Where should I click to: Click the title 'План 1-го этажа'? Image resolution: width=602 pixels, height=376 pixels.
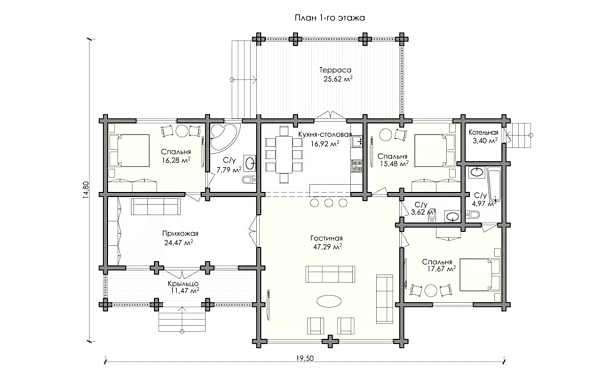coord(330,18)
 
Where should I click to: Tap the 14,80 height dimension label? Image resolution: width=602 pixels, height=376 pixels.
coord(86,190)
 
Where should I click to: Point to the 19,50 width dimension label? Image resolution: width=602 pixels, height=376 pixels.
coord(305,358)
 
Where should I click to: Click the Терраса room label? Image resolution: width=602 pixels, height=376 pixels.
coord(335,70)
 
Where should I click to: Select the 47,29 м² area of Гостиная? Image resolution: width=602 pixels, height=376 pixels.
coord(328,247)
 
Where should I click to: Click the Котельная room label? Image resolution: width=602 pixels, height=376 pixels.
coord(483,133)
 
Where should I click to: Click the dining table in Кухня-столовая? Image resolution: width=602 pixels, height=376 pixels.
coord(284,155)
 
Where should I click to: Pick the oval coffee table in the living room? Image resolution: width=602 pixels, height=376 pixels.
coord(329,301)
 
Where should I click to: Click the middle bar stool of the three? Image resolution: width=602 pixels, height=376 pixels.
coord(329,203)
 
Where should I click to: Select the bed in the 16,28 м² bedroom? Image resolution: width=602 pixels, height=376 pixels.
coord(129,151)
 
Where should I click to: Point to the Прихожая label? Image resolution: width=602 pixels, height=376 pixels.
coord(180,234)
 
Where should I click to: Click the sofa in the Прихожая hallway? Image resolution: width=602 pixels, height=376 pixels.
coord(156,207)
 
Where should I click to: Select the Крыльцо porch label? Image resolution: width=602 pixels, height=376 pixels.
coord(183,283)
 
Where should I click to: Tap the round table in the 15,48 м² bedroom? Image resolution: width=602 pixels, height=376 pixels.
coord(386,135)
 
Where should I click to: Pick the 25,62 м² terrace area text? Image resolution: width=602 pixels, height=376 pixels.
coord(338,79)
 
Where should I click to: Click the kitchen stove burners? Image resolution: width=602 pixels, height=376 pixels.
coord(356,165)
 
